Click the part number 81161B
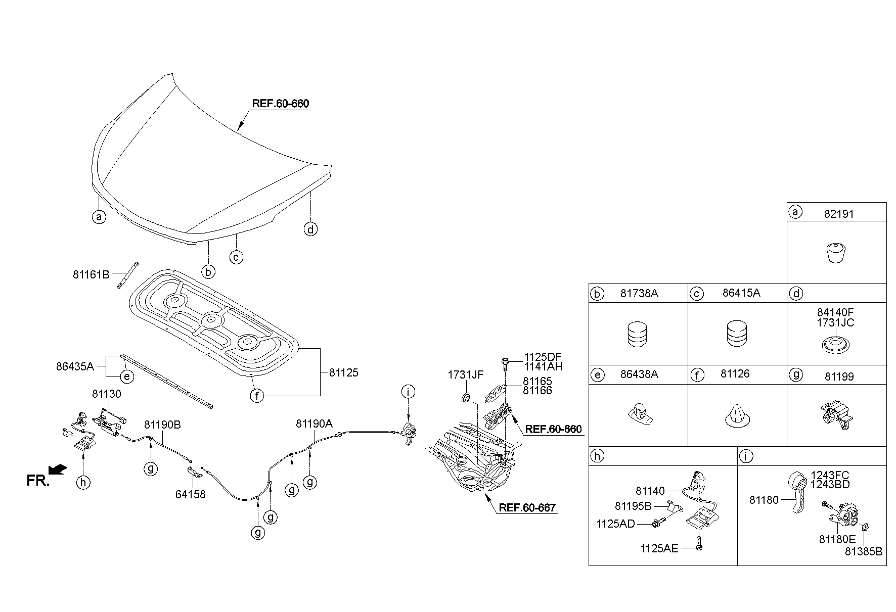point(91,275)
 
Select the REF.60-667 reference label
point(527,507)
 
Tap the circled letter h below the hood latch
point(83,482)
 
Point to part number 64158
point(191,494)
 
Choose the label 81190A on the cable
point(314,425)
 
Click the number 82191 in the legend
point(839,214)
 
